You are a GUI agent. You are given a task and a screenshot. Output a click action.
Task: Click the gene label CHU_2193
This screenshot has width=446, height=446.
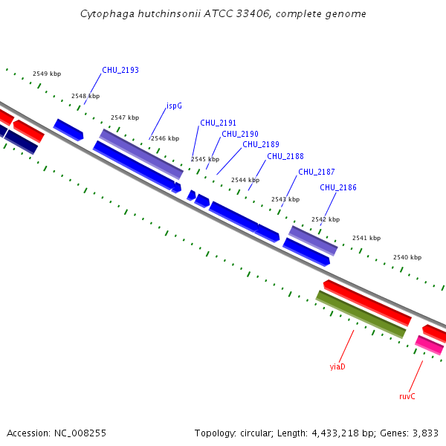(x=120, y=71)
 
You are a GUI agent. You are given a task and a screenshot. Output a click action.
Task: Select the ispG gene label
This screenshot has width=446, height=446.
(x=174, y=106)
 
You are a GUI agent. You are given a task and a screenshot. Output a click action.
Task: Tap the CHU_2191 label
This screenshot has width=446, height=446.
(x=218, y=123)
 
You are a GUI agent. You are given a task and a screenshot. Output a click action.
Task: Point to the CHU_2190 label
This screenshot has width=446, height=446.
(x=240, y=135)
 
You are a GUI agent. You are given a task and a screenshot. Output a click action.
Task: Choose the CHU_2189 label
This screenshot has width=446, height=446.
(x=261, y=145)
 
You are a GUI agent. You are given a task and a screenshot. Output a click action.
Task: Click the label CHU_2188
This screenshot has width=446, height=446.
(x=285, y=157)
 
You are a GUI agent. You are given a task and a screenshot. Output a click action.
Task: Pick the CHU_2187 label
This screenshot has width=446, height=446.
(x=317, y=172)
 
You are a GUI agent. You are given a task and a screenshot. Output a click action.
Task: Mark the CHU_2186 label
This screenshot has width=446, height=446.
(x=338, y=188)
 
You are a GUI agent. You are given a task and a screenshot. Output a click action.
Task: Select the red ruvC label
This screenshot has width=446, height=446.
(x=407, y=397)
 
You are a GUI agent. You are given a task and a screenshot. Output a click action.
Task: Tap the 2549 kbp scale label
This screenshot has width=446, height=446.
(x=47, y=74)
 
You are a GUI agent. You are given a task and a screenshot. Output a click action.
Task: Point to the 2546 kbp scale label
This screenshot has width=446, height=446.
(x=165, y=138)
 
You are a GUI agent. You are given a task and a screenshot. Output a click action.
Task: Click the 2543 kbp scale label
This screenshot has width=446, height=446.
(x=285, y=200)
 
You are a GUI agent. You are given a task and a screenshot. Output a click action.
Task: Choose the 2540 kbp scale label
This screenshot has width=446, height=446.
(x=407, y=257)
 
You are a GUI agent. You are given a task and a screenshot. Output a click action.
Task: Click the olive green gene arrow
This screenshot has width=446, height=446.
(x=361, y=314)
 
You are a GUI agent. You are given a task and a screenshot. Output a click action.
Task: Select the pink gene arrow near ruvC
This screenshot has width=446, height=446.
(x=430, y=345)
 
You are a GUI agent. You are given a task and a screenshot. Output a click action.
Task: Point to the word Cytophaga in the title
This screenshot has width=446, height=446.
(x=104, y=14)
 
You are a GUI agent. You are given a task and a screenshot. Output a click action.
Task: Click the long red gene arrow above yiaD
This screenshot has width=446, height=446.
(x=367, y=303)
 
